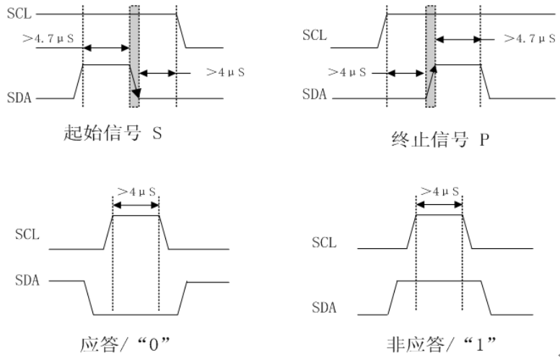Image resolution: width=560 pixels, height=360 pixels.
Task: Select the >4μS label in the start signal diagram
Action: coord(226,72)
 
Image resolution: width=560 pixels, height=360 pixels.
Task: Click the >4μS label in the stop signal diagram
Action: coord(346,73)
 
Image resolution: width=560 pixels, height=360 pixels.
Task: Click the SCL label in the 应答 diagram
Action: coord(27,234)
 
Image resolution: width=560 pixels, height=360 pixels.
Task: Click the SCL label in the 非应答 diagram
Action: coord(324,242)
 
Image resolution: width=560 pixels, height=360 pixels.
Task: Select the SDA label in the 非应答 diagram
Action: coord(324,307)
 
